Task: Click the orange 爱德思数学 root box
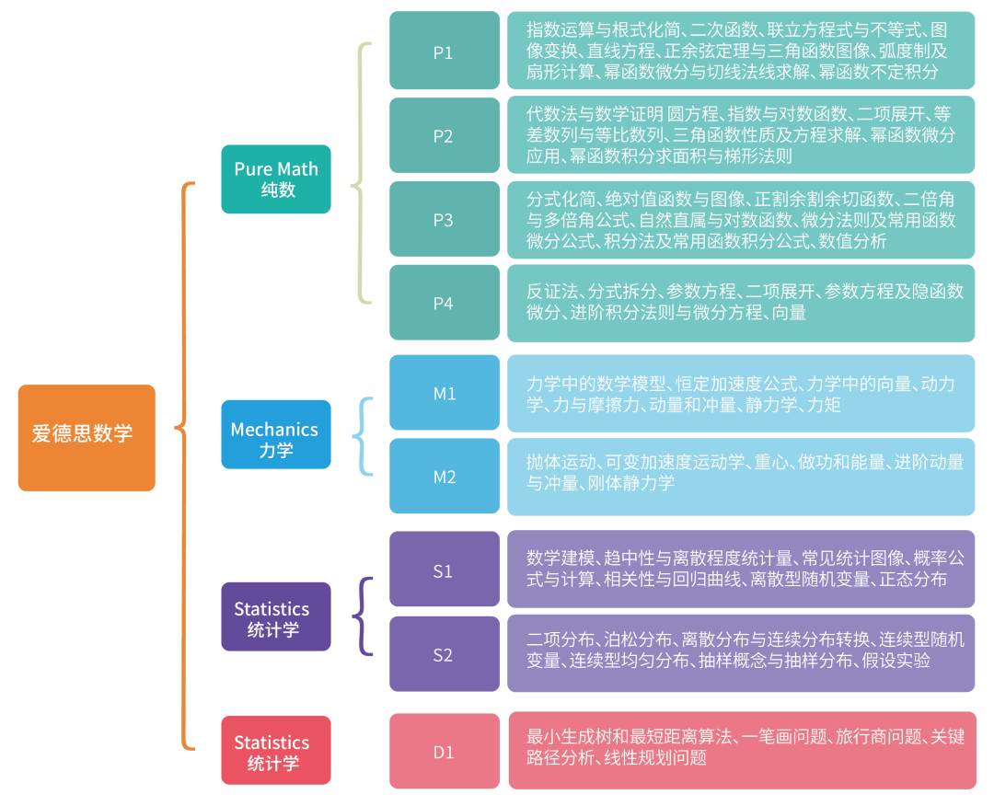coord(87,437)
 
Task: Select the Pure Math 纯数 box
coord(276,179)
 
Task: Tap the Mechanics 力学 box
coord(276,434)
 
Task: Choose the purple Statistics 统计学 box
coord(276,616)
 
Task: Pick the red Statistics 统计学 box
coord(276,750)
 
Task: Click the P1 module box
coord(444,51)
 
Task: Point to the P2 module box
coord(444,135)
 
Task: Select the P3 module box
coord(444,219)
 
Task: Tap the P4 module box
coord(444,303)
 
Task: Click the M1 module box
coord(444,393)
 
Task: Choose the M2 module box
coord(444,476)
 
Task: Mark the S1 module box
coord(444,570)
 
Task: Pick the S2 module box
coord(444,654)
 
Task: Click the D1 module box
coord(444,751)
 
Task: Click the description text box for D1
coord(742,750)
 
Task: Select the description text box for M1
coord(741,394)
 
